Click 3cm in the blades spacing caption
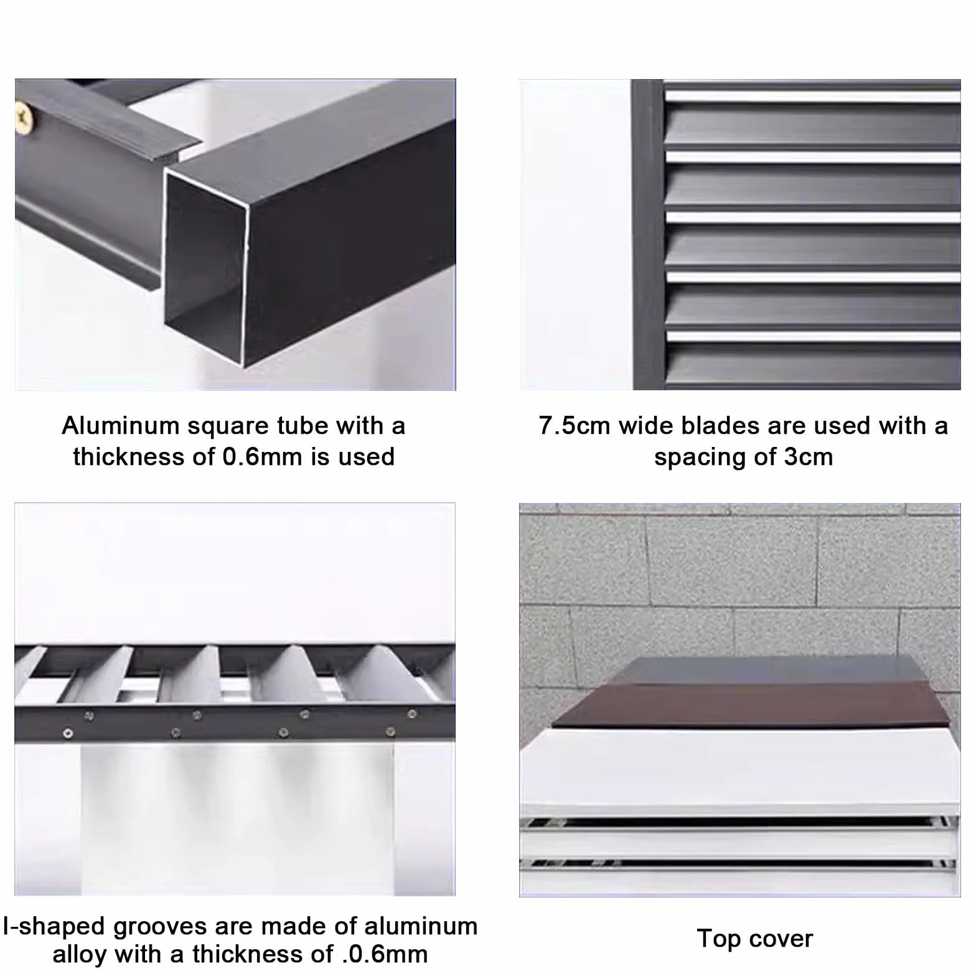tap(808, 457)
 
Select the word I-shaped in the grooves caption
tap(54, 927)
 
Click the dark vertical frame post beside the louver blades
tap(648, 234)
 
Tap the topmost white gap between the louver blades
tap(812, 97)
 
